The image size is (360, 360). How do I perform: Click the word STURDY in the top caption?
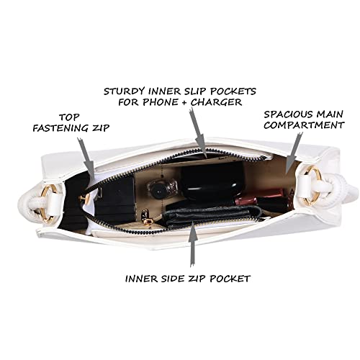[125, 91]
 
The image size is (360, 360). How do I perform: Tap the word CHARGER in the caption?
[216, 102]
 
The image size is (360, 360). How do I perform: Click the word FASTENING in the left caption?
[61, 128]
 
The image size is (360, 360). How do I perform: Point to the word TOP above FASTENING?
[69, 117]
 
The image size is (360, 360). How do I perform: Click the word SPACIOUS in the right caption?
[288, 114]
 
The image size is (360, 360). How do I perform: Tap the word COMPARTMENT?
[304, 125]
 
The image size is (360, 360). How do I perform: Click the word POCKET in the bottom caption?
[230, 279]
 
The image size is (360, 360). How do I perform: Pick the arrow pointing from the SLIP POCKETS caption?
[198, 132]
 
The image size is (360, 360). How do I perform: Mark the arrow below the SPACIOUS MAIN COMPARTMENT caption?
[292, 153]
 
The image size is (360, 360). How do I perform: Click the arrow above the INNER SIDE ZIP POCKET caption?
[193, 243]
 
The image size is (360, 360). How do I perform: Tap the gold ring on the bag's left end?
[49, 204]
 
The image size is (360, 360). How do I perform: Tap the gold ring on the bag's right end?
[312, 185]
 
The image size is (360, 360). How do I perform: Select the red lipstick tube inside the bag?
[259, 197]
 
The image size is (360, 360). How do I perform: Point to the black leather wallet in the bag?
[212, 216]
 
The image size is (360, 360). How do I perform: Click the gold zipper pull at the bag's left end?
[84, 198]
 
